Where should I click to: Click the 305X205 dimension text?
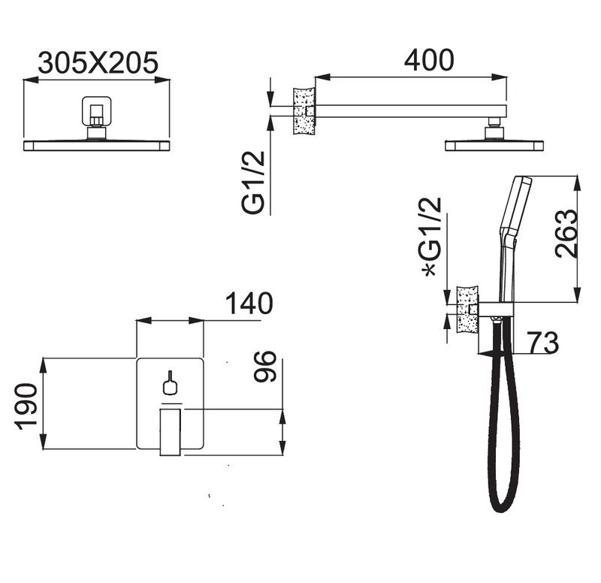98,62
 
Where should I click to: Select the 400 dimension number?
429,60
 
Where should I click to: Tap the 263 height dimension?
566,234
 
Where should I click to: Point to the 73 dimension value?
542,343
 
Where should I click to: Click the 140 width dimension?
249,304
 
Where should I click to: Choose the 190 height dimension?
26,406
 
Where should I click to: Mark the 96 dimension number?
265,367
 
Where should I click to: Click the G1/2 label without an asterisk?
253,183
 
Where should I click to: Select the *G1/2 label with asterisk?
430,237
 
